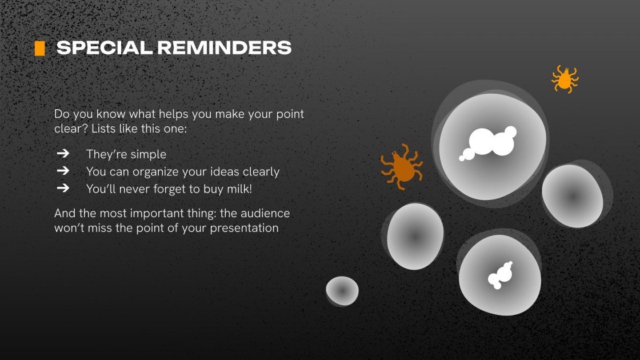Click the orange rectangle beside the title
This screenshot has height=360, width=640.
(x=39, y=49)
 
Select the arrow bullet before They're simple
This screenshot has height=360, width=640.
(x=63, y=154)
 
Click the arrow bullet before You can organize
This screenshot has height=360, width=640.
(x=63, y=171)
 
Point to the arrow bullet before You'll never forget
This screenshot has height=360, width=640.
(x=63, y=187)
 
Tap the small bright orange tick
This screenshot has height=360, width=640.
(x=565, y=79)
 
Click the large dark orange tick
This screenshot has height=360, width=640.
(x=402, y=167)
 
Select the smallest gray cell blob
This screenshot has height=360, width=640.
(x=342, y=290)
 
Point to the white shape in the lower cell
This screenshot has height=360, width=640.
(x=499, y=275)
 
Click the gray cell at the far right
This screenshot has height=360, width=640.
(x=572, y=195)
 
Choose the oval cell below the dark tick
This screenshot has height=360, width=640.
(x=415, y=236)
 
